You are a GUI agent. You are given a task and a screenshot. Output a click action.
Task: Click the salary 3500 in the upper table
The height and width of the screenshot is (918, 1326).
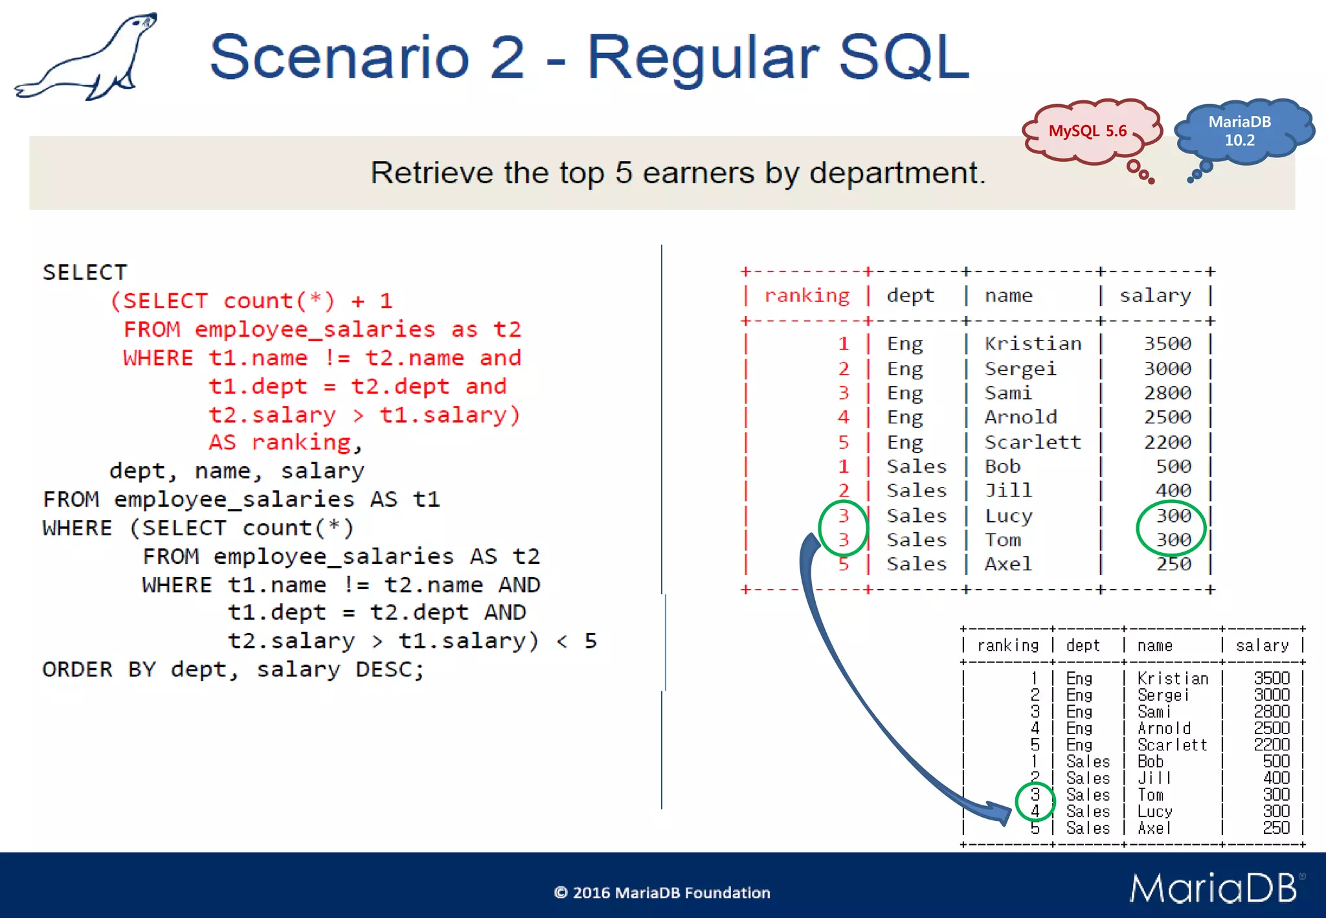click(1167, 344)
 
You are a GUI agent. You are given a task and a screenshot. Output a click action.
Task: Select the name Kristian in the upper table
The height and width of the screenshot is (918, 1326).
click(1033, 344)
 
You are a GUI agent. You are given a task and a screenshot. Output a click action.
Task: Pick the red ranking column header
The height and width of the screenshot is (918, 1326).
click(807, 296)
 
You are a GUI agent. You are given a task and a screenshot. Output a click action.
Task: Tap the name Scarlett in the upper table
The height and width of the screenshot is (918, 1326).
click(1033, 442)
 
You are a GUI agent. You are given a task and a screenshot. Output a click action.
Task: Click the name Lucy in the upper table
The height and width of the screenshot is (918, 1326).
click(1008, 516)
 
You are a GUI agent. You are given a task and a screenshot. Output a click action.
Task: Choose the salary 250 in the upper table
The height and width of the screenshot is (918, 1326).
click(1173, 565)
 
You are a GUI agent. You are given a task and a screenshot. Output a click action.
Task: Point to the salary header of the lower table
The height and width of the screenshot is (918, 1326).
click(1261, 645)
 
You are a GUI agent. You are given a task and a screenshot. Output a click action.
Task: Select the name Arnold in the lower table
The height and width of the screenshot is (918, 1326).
click(1163, 728)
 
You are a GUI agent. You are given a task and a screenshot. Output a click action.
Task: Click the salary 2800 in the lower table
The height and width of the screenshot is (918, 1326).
click(1272, 711)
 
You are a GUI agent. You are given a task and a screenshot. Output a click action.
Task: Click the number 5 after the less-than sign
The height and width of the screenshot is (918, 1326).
click(590, 641)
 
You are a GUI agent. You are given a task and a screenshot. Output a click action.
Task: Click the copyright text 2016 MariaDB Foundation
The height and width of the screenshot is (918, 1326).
click(662, 893)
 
